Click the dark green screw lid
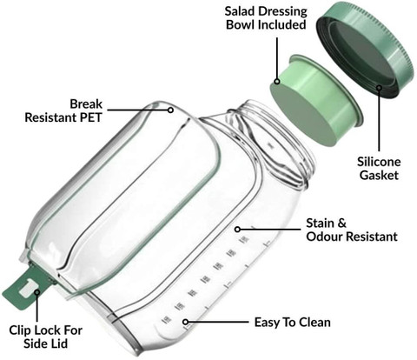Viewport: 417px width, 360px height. click(x=366, y=50)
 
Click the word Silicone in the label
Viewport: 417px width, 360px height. click(x=379, y=162)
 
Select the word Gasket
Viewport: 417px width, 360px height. click(x=379, y=175)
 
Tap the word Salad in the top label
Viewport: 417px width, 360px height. click(x=240, y=11)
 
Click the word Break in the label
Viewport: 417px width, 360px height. click(x=86, y=103)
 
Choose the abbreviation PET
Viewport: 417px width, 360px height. click(x=90, y=117)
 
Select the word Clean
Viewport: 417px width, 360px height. click(x=314, y=323)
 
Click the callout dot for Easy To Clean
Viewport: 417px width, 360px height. click(x=186, y=322)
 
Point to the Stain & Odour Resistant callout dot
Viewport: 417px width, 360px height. click(x=237, y=230)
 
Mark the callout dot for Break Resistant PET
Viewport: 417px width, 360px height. click(x=171, y=110)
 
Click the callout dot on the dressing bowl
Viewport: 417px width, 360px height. click(x=277, y=82)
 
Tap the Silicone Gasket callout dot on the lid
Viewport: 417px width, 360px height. click(x=379, y=87)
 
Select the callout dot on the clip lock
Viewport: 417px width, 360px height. click(x=36, y=292)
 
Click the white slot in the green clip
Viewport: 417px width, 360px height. click(x=28, y=287)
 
